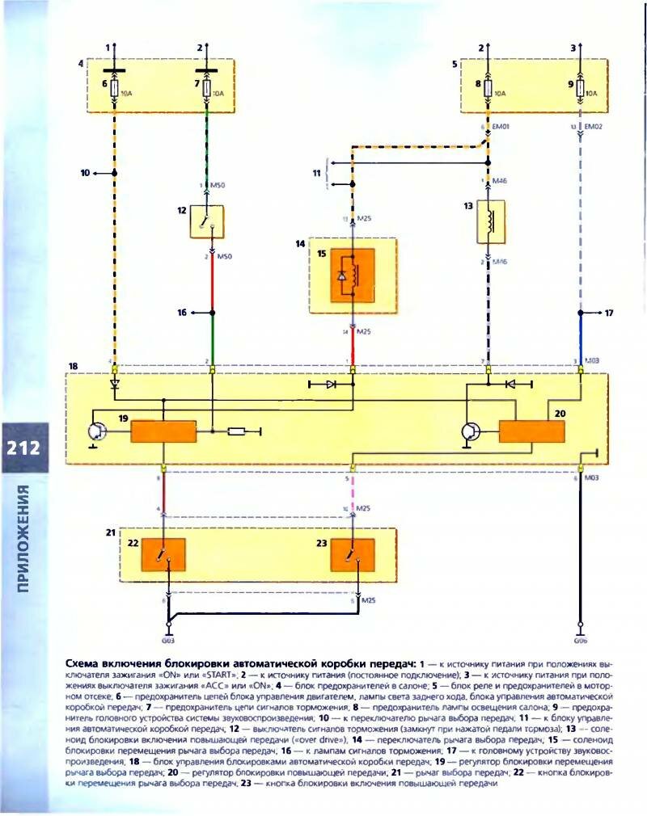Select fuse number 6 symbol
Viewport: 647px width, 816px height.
[x=114, y=90]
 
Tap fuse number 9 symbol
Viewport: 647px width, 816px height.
[x=579, y=90]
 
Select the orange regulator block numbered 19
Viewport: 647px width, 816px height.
[x=163, y=431]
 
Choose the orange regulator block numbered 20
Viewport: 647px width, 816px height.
[x=531, y=431]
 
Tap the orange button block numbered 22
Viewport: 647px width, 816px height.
[x=164, y=553]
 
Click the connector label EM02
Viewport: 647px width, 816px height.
[x=593, y=127]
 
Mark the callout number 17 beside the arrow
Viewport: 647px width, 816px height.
[x=609, y=312]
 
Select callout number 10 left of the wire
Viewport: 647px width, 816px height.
[x=84, y=172]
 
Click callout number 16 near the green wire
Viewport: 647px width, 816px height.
[x=183, y=312]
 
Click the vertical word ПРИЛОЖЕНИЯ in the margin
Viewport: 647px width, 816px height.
[x=23, y=539]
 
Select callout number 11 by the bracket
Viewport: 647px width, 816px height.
[x=317, y=173]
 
